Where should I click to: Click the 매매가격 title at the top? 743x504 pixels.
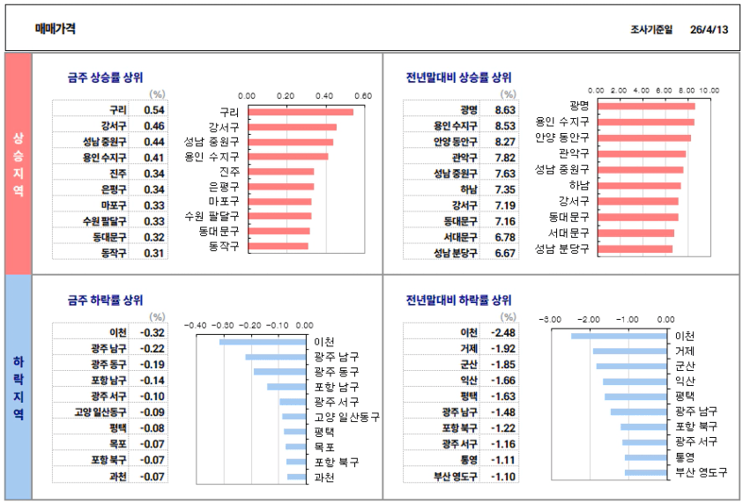[x=55, y=28]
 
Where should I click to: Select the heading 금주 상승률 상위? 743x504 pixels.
[x=105, y=77]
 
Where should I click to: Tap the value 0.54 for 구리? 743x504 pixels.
[x=153, y=110]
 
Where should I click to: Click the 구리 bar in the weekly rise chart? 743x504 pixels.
[x=301, y=112]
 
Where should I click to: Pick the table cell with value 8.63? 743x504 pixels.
[x=505, y=110]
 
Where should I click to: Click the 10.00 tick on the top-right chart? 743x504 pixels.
[x=710, y=90]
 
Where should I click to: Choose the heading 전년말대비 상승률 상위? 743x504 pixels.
[x=458, y=77]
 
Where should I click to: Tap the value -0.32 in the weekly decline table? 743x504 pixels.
[x=153, y=332]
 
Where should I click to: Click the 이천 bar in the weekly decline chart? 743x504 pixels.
[x=263, y=341]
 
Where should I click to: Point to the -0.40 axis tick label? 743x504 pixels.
[x=196, y=324]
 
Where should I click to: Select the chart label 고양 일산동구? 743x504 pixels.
[x=346, y=417]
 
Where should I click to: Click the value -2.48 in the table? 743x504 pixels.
[x=504, y=332]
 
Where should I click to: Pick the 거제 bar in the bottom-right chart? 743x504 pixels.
[x=630, y=351]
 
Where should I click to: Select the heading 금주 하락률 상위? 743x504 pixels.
[x=105, y=300]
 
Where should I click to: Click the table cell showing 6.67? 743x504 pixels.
[x=505, y=253]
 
